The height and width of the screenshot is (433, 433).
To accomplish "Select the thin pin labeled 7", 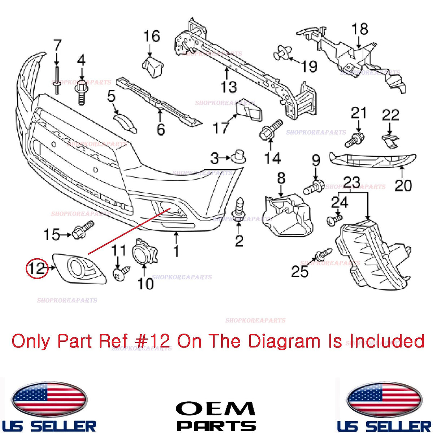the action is point(57,80).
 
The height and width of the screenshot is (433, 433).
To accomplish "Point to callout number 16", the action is point(152,36).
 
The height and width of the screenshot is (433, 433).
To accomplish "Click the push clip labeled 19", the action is point(283,53).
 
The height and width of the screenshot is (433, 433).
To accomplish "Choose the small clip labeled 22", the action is point(390,141).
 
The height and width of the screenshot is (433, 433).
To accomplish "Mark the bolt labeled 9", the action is point(314,187).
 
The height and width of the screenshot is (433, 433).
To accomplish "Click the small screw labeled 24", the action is point(334,220).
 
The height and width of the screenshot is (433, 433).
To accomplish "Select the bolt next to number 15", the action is point(83,230).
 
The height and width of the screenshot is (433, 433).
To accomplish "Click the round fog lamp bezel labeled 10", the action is point(144,252).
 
